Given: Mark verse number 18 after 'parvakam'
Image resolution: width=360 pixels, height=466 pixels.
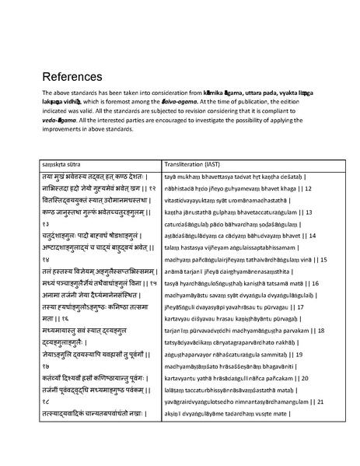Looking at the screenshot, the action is pyautogui.click(x=320, y=308).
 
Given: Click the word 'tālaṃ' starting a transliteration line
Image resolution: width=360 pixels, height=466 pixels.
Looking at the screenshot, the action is pyautogui.click(x=174, y=246).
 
